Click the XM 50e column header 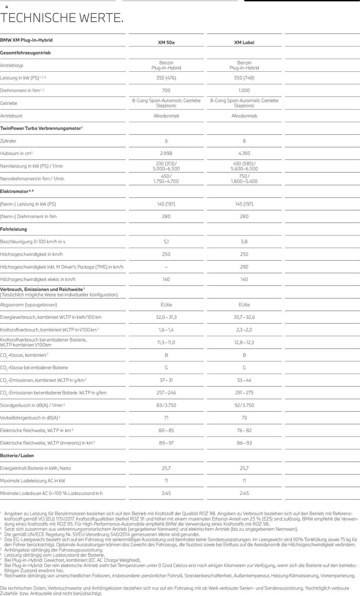166,42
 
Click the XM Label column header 244,42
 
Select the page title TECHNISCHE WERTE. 62,18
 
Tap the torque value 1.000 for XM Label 244,91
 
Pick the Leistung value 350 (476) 166,78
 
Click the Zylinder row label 8,141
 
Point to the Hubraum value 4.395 244,154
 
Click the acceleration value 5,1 166,242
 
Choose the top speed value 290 244,267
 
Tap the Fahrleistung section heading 13,229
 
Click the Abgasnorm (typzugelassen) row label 28,305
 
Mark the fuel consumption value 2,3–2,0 244,330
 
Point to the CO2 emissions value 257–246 166,393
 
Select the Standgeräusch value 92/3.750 244,405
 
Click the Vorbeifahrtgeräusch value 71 166,418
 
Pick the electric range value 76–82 244,430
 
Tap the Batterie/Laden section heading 17,456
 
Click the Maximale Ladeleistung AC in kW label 32,481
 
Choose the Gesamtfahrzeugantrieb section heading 25,53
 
